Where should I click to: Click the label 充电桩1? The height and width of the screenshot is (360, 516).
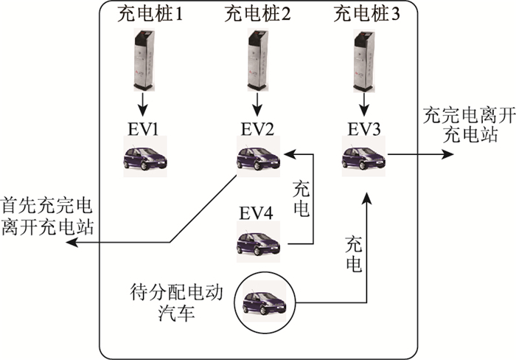(150, 13)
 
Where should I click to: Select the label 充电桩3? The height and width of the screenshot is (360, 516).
(366, 13)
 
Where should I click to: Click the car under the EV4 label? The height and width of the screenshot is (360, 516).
(257, 241)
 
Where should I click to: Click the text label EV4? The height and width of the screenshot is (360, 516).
(257, 213)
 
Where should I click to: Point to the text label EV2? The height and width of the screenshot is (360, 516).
(257, 130)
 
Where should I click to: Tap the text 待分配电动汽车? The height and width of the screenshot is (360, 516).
(175, 299)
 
